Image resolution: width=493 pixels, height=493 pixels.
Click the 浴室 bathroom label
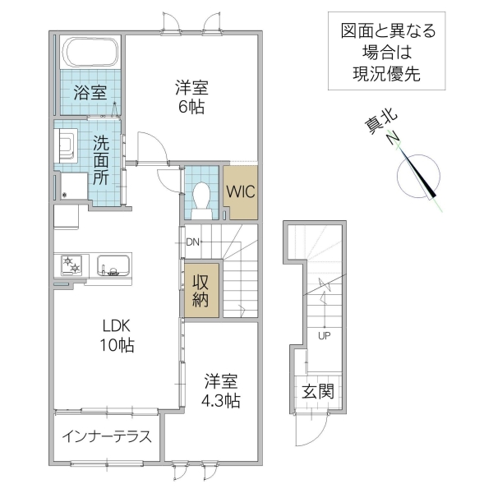pos(90,92)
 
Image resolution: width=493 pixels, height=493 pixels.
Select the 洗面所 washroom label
pos(100,159)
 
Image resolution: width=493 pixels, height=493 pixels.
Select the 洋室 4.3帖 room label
pos(222,391)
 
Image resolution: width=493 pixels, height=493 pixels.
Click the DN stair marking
pos(193,242)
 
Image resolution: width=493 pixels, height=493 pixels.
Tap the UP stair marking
pos(324,335)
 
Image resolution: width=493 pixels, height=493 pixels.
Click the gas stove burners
pos(71,266)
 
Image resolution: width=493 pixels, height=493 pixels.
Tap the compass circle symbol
pos(419,173)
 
